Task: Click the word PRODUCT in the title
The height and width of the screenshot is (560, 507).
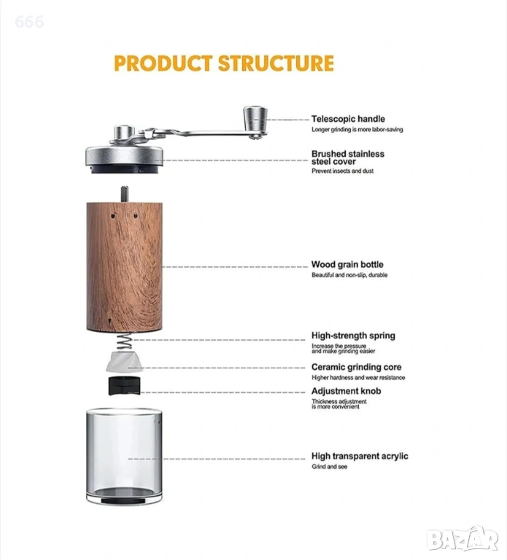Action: (x=163, y=63)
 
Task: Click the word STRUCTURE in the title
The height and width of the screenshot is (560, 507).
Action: (x=276, y=63)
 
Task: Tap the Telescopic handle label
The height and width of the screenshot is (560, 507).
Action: (x=348, y=119)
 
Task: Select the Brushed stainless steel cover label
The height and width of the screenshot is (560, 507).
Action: (x=348, y=157)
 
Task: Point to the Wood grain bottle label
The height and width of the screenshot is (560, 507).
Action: (x=347, y=265)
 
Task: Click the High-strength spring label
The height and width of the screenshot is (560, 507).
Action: (x=353, y=335)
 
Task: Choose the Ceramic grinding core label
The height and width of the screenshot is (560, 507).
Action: (x=356, y=367)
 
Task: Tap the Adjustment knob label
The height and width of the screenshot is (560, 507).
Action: (x=346, y=391)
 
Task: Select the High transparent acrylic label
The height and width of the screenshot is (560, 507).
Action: (x=360, y=456)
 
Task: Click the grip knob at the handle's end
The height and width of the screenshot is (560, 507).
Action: (x=255, y=119)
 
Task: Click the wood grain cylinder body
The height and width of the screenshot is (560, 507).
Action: (x=124, y=267)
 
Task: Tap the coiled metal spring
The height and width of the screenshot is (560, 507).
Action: (x=124, y=342)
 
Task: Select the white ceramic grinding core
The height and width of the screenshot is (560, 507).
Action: (x=124, y=362)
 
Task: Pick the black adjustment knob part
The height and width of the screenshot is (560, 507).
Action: (x=124, y=386)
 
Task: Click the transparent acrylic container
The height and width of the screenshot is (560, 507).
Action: (x=124, y=456)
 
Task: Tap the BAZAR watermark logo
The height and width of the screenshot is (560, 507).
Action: (x=463, y=540)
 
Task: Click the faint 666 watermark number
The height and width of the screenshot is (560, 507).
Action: (x=29, y=22)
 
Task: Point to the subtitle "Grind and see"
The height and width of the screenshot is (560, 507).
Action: (x=329, y=467)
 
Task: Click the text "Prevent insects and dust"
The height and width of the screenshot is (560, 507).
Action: (x=342, y=171)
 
